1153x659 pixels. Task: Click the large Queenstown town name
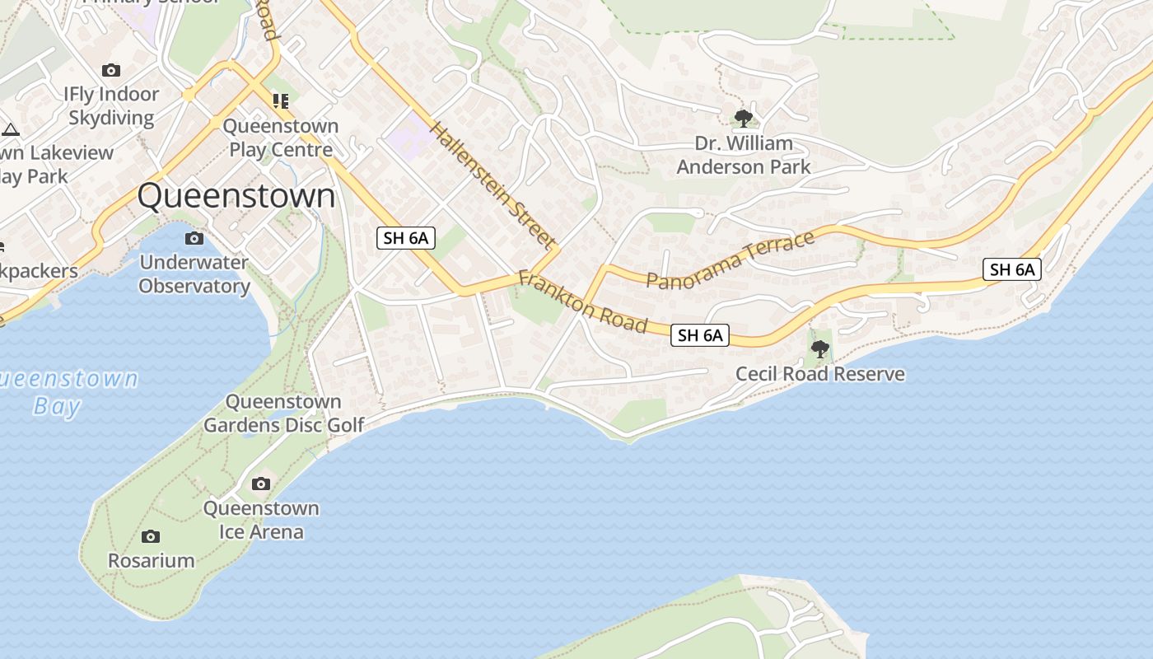(x=236, y=197)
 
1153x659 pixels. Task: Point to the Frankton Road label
(x=582, y=301)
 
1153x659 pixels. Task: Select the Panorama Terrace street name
(x=731, y=260)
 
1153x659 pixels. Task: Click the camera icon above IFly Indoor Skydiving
(x=110, y=71)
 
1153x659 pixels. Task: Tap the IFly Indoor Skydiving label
(x=111, y=105)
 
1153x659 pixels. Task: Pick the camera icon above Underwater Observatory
(x=194, y=239)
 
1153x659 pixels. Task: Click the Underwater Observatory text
(x=194, y=274)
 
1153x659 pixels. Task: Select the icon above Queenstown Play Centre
(x=281, y=101)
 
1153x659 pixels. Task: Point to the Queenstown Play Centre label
(x=281, y=138)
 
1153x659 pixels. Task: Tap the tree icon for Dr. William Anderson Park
(x=744, y=119)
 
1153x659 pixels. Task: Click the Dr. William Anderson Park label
(x=744, y=155)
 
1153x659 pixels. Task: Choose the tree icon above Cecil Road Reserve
(x=819, y=349)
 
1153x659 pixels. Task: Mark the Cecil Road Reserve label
(x=819, y=374)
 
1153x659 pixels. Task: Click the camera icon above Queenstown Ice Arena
(x=261, y=484)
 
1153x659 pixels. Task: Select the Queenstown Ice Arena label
(x=261, y=520)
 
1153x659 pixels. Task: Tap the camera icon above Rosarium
(x=151, y=537)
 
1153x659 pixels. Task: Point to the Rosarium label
(x=152, y=560)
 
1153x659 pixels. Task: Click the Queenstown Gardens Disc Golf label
(x=283, y=414)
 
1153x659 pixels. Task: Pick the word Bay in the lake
(x=58, y=406)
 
